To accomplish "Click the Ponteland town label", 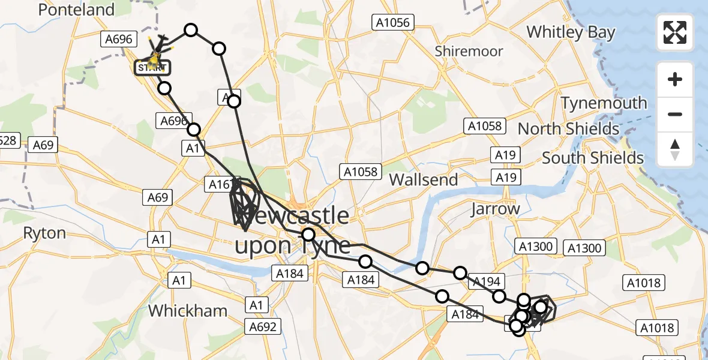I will [x=76, y=10].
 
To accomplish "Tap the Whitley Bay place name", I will [x=571, y=32].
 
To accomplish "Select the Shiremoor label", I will [x=469, y=51].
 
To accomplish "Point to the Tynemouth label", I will [x=604, y=103].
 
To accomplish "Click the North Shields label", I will [x=568, y=129].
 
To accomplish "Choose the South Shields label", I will [x=593, y=158].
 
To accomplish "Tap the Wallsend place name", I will [x=423, y=179].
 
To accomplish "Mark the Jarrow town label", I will [x=495, y=209].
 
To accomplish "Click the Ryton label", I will [x=44, y=233].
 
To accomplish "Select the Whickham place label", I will [x=187, y=310].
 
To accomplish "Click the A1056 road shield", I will [x=393, y=23].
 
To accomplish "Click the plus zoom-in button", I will [x=675, y=79].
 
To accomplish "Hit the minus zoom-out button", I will [x=675, y=114].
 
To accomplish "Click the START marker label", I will [x=153, y=68].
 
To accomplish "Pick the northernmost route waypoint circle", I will [x=191, y=30].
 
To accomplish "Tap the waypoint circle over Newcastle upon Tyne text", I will [x=308, y=235].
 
